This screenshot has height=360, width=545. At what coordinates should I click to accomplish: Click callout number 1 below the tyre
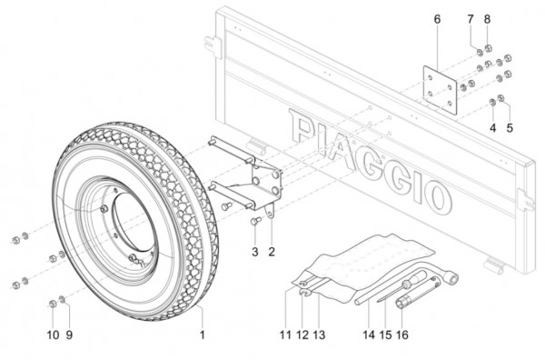(x=203, y=335)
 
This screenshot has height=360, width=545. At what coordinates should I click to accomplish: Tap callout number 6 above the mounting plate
(x=437, y=19)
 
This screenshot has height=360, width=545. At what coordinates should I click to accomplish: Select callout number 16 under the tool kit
(x=402, y=335)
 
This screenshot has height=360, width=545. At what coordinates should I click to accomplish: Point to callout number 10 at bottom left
(x=53, y=335)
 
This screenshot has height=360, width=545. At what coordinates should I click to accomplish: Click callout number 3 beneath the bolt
(x=255, y=252)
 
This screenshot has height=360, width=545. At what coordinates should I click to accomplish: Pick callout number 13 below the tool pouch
(x=319, y=335)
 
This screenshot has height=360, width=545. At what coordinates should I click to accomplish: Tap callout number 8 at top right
(x=487, y=19)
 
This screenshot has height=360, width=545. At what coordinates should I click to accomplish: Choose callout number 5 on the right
(x=510, y=127)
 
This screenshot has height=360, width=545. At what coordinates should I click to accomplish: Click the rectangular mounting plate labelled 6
(x=440, y=90)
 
